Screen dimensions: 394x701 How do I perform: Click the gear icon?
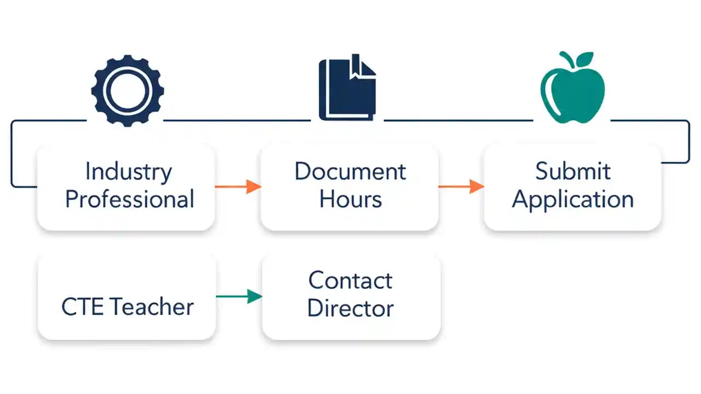tap(128, 91)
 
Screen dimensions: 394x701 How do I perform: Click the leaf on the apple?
tap(584, 58)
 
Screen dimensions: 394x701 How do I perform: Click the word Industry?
tap(128, 172)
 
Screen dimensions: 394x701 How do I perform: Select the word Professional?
tap(130, 199)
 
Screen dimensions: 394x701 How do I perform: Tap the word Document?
tap(350, 171)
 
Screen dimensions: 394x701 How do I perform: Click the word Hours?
tap(350, 199)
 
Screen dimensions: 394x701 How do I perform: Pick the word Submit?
tap(572, 171)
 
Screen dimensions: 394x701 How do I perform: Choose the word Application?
tap(572, 200)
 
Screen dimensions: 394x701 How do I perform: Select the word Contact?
tap(350, 281)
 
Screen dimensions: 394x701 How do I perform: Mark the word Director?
tap(350, 308)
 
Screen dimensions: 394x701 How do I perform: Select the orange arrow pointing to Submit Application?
tap(461, 187)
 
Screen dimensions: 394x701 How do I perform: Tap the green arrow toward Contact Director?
tap(239, 297)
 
